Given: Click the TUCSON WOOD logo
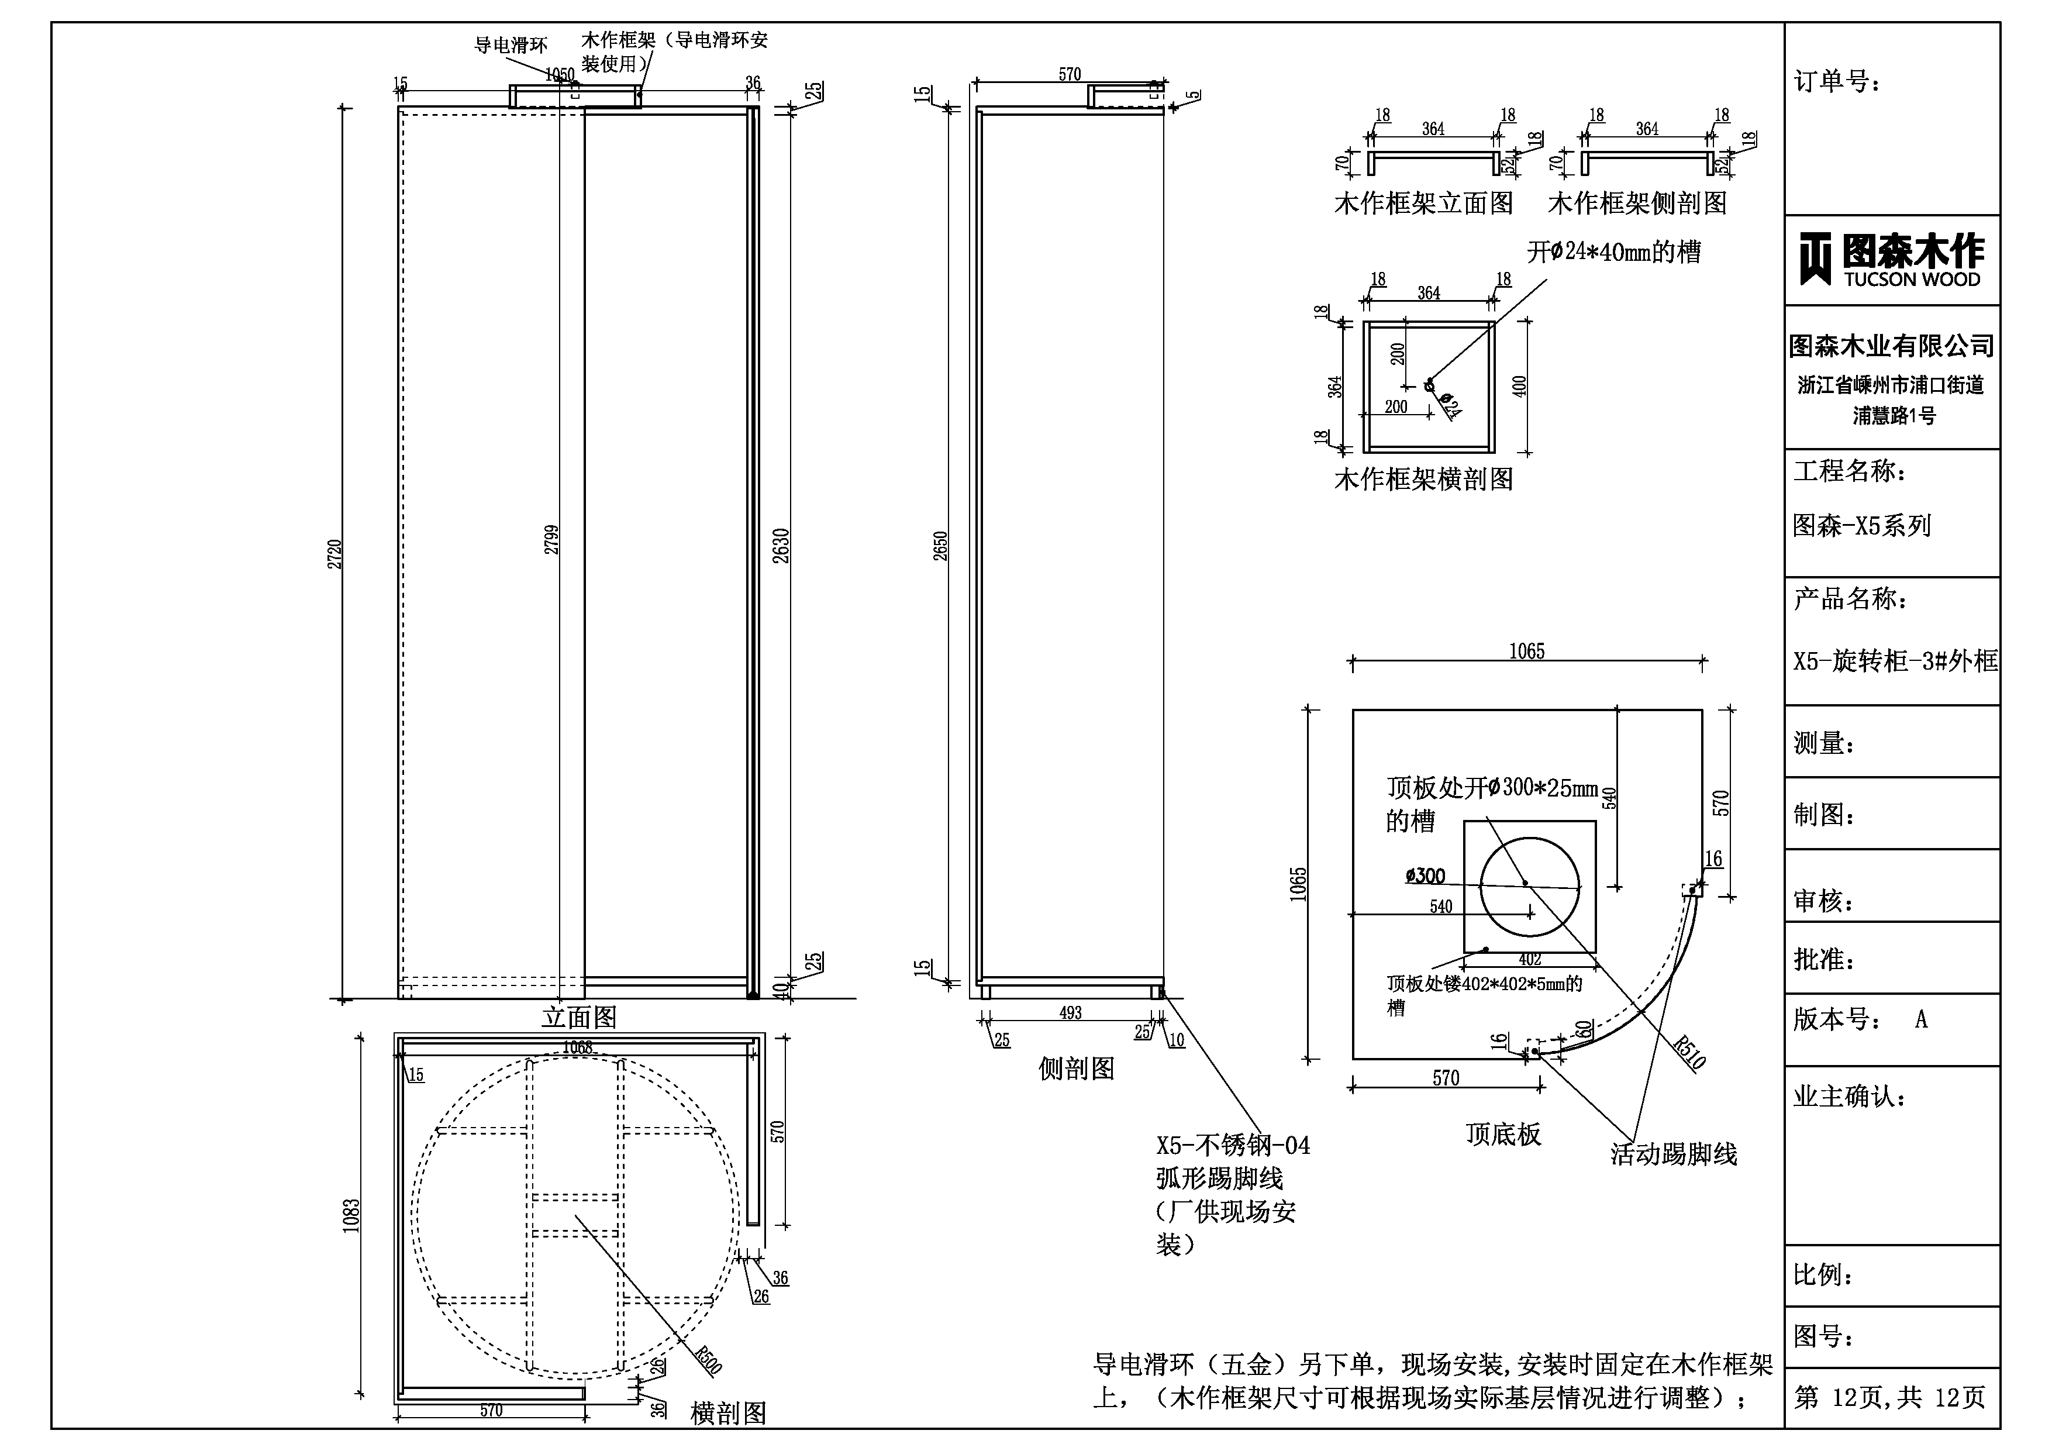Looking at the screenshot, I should pyautogui.click(x=1891, y=260).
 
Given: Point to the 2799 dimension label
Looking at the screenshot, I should pyautogui.click(x=552, y=539).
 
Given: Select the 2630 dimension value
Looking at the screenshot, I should pyautogui.click(x=781, y=545).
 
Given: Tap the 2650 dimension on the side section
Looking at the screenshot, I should pyautogui.click(x=940, y=545).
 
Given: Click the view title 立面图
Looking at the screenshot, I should pyautogui.click(x=579, y=1018).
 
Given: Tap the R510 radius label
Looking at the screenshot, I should pyautogui.click(x=1689, y=1052).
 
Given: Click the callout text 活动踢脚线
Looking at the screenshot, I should pyautogui.click(x=1673, y=1154).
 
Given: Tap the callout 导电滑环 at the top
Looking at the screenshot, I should pyautogui.click(x=511, y=44).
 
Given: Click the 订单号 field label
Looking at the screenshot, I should pyautogui.click(x=1837, y=82).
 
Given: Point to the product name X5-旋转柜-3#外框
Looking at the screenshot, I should pyautogui.click(x=1895, y=661).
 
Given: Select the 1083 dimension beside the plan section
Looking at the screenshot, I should pyautogui.click(x=351, y=1216).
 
